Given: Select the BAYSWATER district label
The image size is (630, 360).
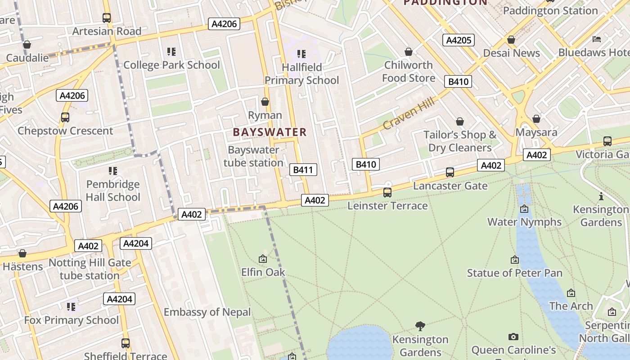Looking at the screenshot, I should point(270,132).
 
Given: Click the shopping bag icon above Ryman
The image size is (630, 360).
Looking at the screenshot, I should point(265,102).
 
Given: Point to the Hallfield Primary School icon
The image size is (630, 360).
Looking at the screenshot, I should point(301,54).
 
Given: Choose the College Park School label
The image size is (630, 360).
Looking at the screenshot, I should point(171,65).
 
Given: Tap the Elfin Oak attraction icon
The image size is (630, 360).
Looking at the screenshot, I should point(263,259).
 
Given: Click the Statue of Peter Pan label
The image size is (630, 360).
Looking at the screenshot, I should point(514,273).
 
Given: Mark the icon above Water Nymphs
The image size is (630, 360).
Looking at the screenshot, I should point(524,209).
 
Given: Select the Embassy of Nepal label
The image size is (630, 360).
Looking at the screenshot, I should point(207,312).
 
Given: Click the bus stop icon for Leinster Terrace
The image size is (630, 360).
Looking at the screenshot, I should point(387,193).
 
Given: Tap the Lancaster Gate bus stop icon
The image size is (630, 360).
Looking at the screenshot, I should point(450,172).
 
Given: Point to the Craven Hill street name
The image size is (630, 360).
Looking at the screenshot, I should point(409,114).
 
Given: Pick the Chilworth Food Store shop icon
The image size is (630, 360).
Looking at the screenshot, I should point(408,52).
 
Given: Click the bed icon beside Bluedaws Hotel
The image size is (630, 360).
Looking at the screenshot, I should point(597,39).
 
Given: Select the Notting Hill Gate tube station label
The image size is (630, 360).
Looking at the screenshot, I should point(90,269).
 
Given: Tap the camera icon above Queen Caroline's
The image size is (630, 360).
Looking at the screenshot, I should point(513,337).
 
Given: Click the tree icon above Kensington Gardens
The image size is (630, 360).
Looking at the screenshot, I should point(420,326).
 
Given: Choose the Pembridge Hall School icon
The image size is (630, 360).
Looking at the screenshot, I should point(112,171).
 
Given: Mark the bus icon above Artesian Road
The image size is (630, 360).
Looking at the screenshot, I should point(107,18).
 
